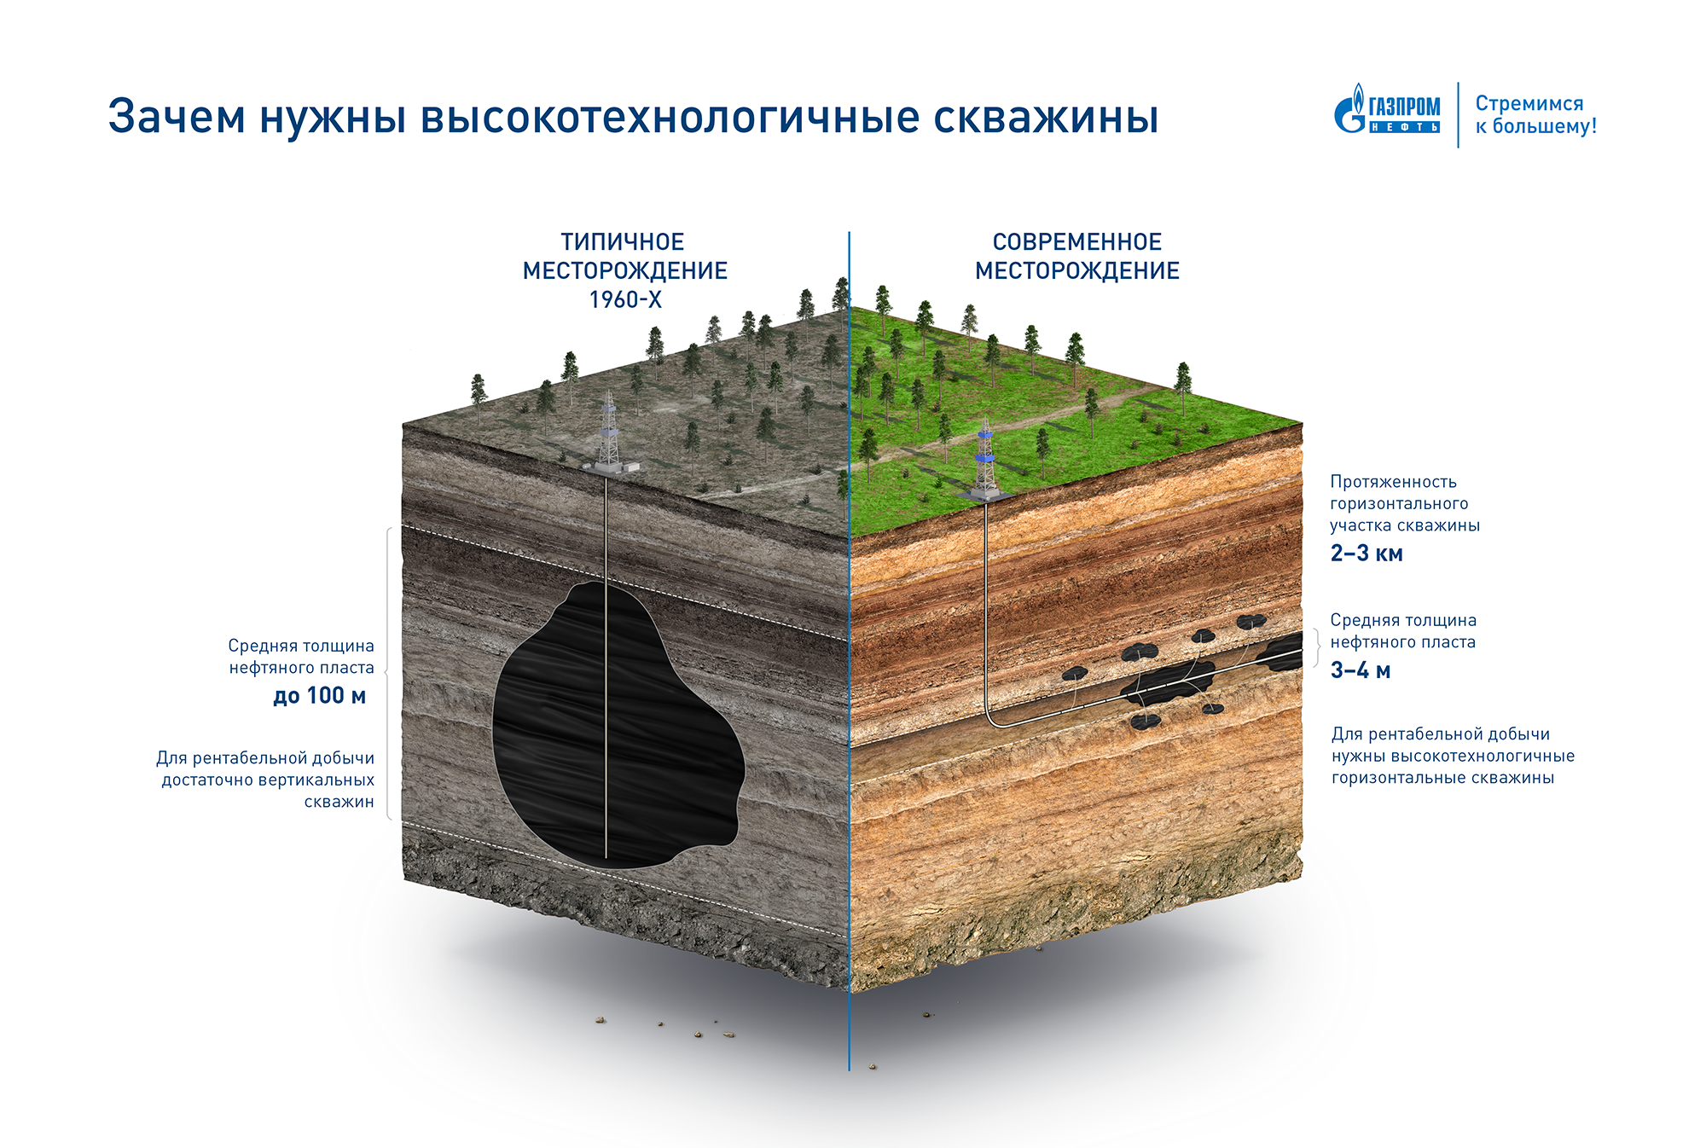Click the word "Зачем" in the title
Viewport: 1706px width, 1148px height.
[x=177, y=117]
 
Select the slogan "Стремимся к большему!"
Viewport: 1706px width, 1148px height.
[x=1535, y=115]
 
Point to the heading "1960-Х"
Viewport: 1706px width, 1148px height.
[x=625, y=300]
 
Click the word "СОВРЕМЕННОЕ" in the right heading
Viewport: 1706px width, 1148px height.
[x=1076, y=242]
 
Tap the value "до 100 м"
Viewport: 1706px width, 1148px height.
[x=319, y=696]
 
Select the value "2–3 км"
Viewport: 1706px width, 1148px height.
[x=1367, y=554]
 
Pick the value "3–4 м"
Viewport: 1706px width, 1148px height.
[x=1361, y=670]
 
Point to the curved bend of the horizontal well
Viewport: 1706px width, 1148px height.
[x=994, y=719]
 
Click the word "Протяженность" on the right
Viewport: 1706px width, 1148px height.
[x=1393, y=482]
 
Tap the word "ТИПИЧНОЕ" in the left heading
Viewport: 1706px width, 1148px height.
[x=623, y=242]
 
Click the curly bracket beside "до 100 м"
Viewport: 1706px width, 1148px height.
[x=389, y=674]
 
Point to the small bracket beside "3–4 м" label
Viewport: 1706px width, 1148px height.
[x=1317, y=647]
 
